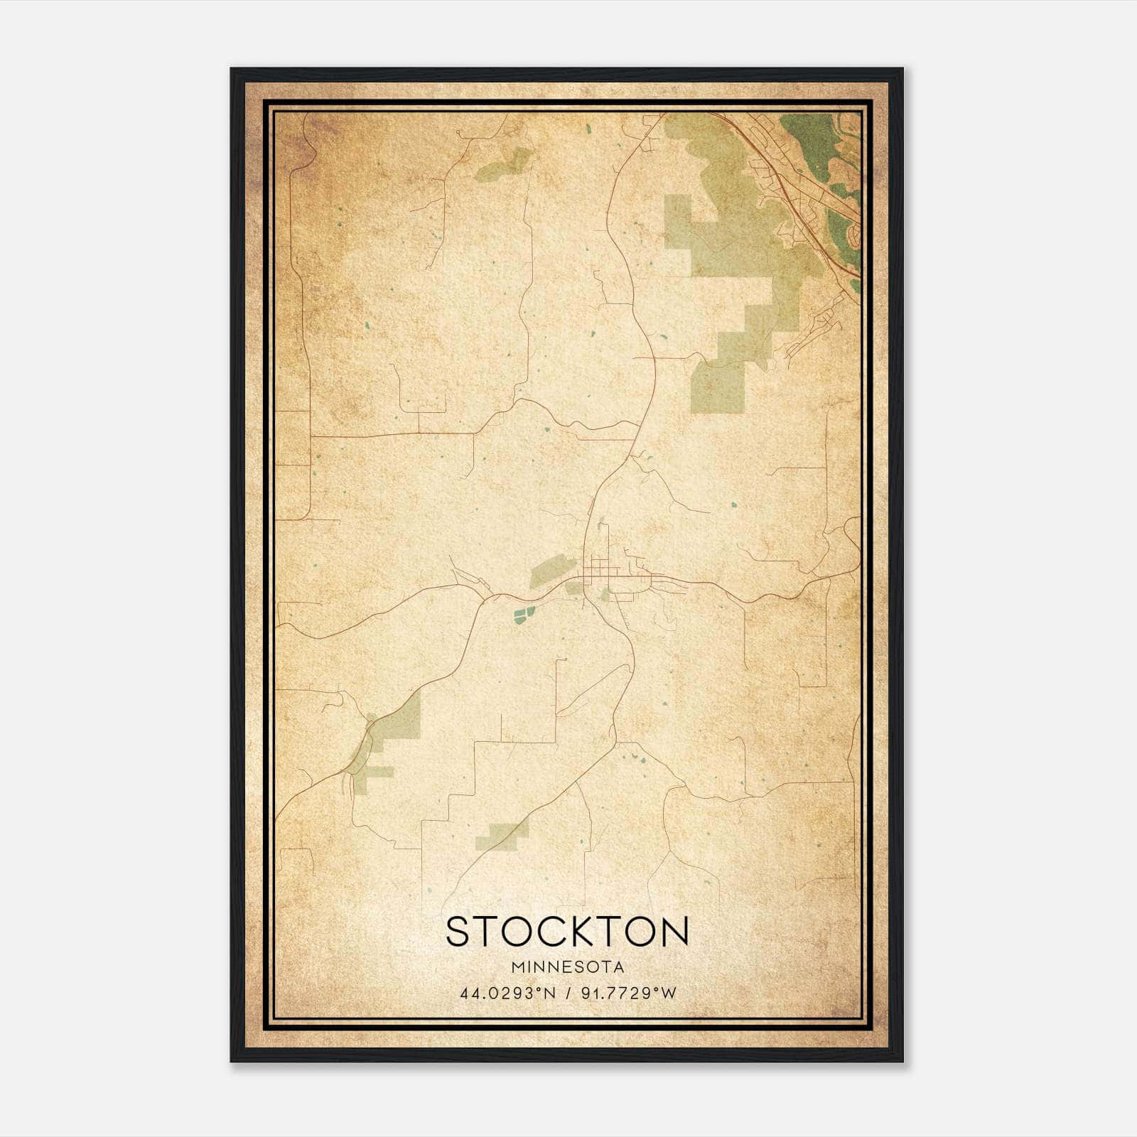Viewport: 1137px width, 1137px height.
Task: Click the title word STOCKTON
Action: click(567, 932)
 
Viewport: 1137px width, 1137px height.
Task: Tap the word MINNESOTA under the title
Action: click(567, 967)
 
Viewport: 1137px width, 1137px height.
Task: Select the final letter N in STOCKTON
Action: click(674, 932)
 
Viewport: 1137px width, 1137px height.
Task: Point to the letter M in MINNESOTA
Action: click(514, 967)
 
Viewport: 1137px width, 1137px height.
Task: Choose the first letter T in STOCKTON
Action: click(485, 932)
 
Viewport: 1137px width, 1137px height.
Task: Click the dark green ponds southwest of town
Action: click(524, 614)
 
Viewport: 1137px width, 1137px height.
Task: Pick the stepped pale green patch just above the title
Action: click(502, 835)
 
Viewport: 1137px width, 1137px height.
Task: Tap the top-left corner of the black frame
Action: click(232, 70)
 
